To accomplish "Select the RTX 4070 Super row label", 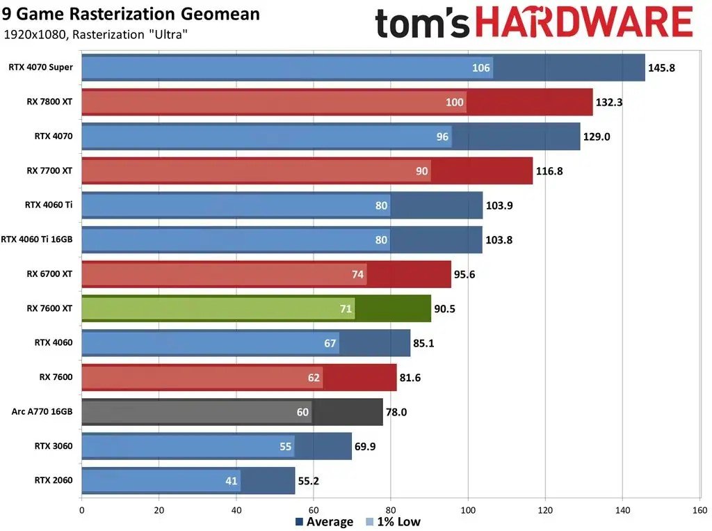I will [x=40, y=68].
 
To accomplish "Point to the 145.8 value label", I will [x=661, y=68].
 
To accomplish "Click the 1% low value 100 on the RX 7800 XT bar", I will [x=455, y=102].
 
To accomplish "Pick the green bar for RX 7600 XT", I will [x=256, y=308].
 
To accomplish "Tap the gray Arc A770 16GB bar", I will [x=232, y=412].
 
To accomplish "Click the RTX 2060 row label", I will [x=54, y=480].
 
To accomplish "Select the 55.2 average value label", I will [x=310, y=481].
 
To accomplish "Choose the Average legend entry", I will [x=324, y=522].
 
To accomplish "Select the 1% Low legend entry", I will [x=393, y=522].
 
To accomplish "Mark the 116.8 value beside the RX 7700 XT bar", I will [x=549, y=171].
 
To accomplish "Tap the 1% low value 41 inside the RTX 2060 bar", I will [x=230, y=481].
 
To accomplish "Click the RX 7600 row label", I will [x=56, y=377].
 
